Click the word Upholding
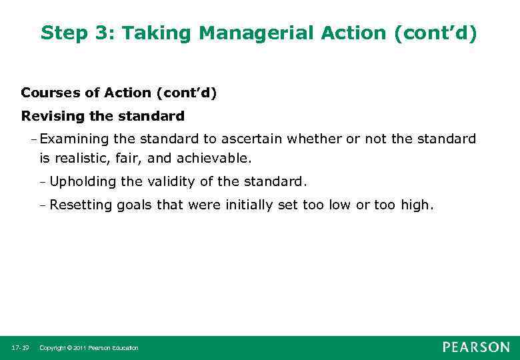(x=81, y=182)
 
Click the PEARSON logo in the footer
(x=476, y=347)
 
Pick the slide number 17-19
(x=20, y=348)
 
